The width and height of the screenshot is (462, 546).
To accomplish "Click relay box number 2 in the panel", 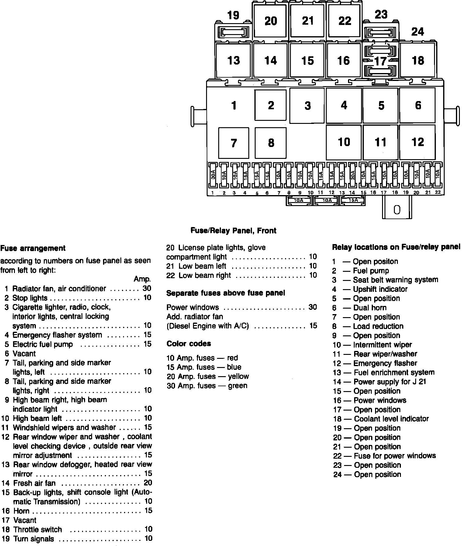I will point(271,105).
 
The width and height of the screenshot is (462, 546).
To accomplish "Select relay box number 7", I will point(233,143).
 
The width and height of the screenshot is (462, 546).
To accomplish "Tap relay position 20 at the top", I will point(271,21).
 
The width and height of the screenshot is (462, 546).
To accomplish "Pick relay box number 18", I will point(418,60).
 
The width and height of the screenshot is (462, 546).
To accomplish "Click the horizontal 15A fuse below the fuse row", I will point(353,201).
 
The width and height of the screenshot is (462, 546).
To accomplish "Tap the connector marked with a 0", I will point(397,210).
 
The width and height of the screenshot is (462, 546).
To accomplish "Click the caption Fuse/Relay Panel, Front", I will point(233,230).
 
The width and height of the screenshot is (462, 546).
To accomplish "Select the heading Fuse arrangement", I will point(33,248).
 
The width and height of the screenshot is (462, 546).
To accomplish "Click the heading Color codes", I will point(188,344).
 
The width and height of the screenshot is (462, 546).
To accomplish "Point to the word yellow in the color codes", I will point(238,376).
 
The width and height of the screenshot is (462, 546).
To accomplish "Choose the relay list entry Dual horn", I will point(370,308).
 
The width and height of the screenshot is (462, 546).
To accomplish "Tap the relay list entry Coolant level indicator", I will point(391,419).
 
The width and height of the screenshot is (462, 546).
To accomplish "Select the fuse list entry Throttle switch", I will point(37,530).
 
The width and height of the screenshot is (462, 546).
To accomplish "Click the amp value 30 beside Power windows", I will point(313,307).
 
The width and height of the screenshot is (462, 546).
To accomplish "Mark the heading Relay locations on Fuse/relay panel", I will point(396,247).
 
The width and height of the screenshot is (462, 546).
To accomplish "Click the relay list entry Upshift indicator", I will point(380,289).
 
